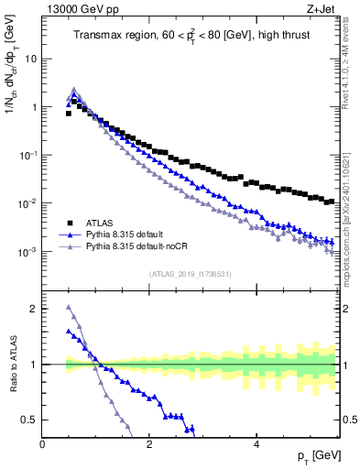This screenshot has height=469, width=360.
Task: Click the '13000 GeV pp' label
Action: (x=75, y=9)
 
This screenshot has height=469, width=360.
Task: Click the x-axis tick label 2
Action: (x=149, y=443)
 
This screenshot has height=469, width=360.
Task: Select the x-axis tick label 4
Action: (x=256, y=443)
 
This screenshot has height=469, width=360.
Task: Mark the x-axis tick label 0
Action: (x=43, y=443)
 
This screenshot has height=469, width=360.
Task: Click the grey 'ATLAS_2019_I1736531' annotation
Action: (x=190, y=274)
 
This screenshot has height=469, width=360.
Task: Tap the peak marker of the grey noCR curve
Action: (x=74, y=90)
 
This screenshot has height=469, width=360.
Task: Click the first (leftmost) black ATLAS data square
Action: (x=69, y=114)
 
